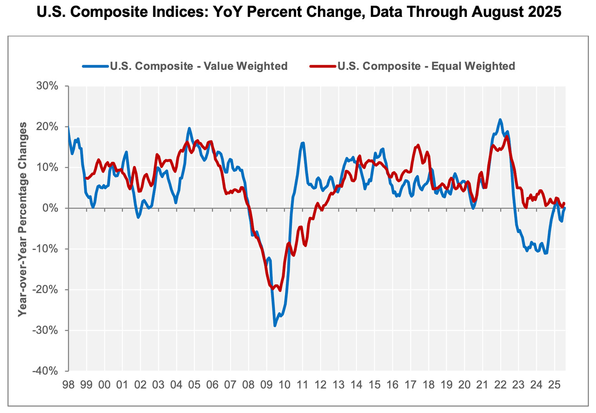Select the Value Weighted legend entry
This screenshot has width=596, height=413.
coord(198,66)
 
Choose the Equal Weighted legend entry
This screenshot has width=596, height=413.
coord(426,66)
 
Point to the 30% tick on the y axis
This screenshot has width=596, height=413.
coord(47,86)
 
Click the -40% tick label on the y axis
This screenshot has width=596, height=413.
coord(45,371)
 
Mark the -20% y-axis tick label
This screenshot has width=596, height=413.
coord(45,290)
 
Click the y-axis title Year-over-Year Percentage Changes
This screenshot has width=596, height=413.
coord(23,219)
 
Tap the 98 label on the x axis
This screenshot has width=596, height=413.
coord(69,385)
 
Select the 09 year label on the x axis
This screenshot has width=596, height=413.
coord(267,385)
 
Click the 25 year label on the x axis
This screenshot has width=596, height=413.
coord(554,385)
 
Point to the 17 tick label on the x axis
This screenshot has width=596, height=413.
coord(411,385)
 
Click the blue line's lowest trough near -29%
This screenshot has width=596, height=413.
coord(275,325)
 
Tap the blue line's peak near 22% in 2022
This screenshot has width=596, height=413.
coord(500,120)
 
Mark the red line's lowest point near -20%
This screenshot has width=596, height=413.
coord(280,290)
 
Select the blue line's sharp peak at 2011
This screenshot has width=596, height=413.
coord(303,143)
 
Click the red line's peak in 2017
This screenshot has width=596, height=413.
coord(418,145)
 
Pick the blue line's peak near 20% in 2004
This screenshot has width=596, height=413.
coord(189,128)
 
